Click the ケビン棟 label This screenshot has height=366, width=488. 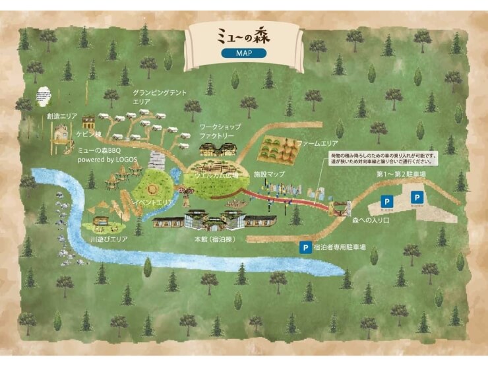[x=89, y=133]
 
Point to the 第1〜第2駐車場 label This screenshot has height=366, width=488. [x=401, y=174]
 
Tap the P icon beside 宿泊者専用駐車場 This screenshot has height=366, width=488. [x=305, y=248]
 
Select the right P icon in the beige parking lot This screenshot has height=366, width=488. [x=417, y=197]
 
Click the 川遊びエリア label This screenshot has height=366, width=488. [x=109, y=239]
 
